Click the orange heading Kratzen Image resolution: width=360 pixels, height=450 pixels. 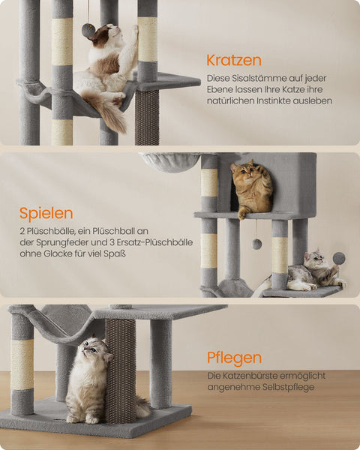234,59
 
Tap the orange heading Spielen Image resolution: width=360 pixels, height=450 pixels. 46,213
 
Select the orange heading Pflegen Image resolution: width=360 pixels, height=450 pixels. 235,357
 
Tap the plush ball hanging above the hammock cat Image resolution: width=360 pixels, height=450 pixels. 88,31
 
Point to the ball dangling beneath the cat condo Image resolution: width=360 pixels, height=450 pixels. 256,244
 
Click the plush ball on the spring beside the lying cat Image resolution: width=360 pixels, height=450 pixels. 339,258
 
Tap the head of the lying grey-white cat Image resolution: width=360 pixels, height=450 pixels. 315,260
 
